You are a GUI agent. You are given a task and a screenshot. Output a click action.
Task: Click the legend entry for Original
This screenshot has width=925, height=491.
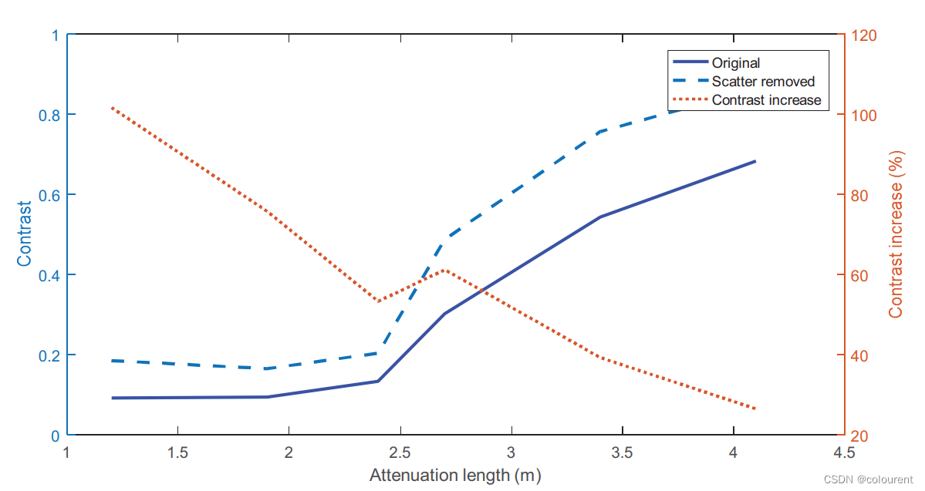[735, 63]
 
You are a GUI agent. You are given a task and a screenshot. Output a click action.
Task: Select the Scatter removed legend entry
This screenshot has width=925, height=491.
[762, 82]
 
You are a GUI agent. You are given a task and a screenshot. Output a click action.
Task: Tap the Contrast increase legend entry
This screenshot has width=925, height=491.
[765, 100]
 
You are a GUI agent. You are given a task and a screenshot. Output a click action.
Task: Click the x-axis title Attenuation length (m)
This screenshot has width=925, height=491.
[455, 475]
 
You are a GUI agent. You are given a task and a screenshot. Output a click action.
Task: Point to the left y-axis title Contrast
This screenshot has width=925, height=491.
[25, 234]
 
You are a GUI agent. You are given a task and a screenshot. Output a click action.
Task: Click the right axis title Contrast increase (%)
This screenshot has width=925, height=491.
[896, 234]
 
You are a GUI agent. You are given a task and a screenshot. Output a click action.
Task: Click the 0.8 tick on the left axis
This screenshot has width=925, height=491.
[48, 115]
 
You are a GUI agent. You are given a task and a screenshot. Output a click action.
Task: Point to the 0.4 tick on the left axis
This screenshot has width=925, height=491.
[48, 275]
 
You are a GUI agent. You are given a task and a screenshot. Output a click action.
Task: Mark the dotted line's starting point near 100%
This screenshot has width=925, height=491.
[112, 108]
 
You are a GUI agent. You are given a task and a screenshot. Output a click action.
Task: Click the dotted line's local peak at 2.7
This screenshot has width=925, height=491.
[445, 270]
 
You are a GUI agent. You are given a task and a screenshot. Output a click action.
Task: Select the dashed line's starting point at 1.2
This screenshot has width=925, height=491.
[112, 361]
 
